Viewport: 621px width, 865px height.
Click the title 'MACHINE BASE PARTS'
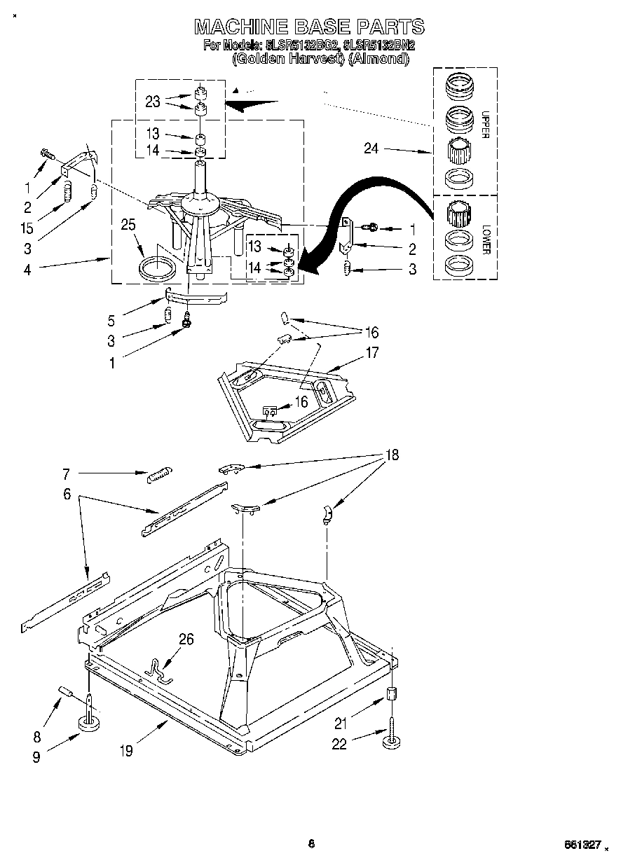pos(309,27)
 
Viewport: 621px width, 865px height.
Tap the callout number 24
pos(371,148)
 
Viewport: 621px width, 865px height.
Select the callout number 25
pos(128,226)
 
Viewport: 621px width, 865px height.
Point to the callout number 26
pos(186,639)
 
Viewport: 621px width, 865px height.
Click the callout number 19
pos(126,752)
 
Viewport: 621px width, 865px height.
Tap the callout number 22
pos(339,744)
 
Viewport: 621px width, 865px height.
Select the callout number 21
pos(341,724)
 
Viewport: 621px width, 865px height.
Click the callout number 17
pos(371,352)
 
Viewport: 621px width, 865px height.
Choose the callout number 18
pos(391,455)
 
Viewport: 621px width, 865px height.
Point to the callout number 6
pos(67,493)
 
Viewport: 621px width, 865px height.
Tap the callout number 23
pos(153,102)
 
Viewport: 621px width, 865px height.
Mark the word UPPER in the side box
pos(484,124)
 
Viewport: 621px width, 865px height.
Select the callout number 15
pos(26,228)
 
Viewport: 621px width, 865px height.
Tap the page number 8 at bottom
pos(311,843)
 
